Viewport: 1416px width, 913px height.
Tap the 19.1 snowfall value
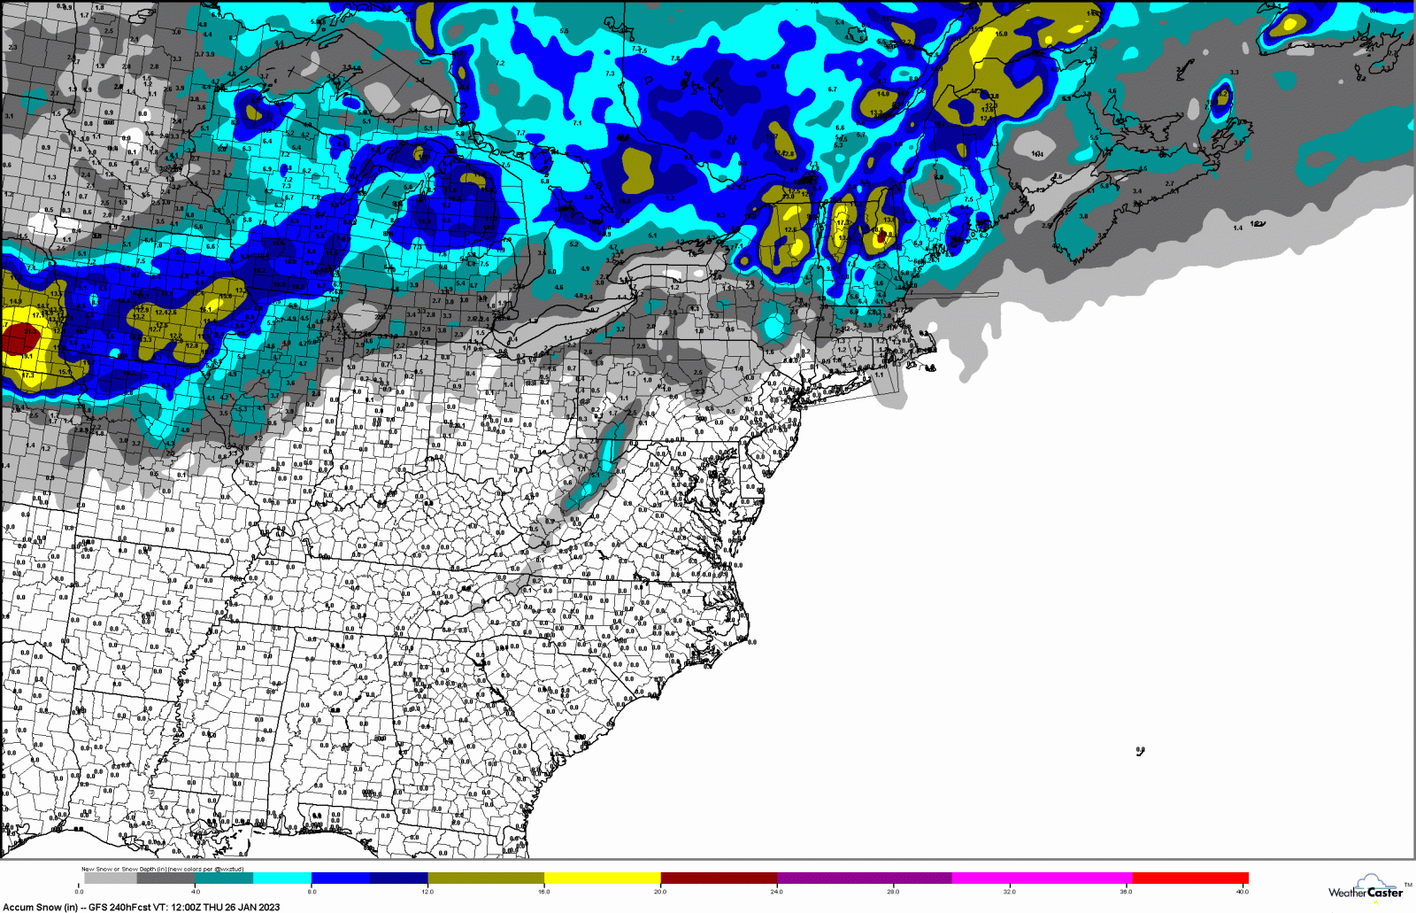[x=27, y=356]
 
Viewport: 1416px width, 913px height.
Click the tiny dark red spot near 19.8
[x=880, y=236]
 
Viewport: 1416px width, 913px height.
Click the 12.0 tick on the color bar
[x=427, y=891]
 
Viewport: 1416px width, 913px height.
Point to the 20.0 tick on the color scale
[x=660, y=891]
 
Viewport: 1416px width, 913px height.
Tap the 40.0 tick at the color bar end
[x=1243, y=891]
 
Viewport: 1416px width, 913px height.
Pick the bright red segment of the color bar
[x=1189, y=878]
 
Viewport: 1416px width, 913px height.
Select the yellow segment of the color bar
[x=602, y=878]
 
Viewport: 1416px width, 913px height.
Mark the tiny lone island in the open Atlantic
[x=1140, y=751]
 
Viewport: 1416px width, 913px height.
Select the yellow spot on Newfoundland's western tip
[x=1290, y=24]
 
